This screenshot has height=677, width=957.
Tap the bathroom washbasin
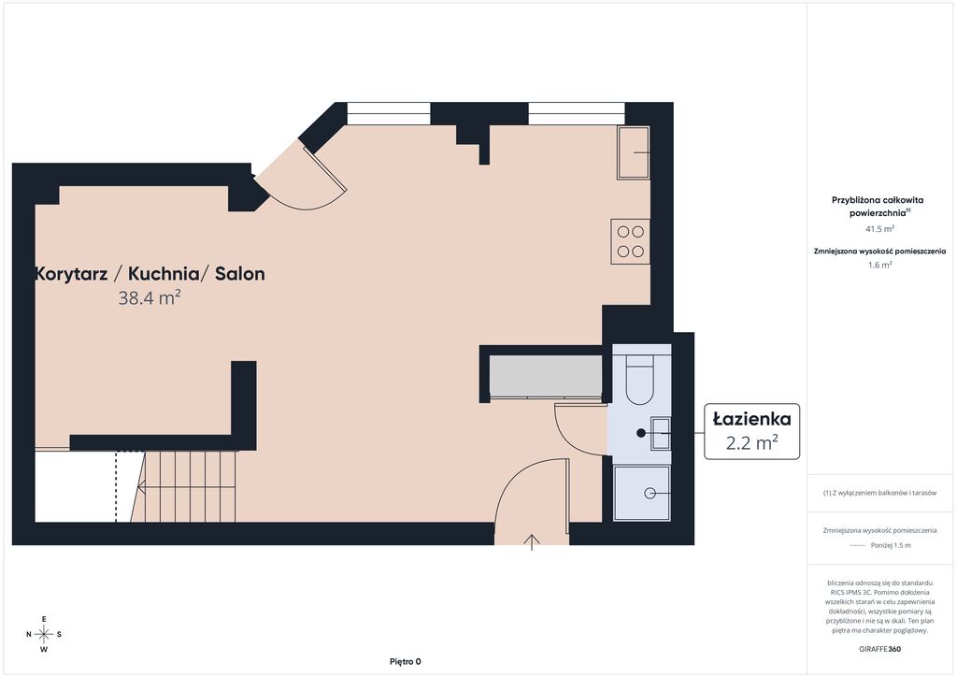coord(661,434)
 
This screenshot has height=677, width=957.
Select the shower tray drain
coord(650,493)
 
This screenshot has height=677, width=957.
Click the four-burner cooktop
coord(630,241)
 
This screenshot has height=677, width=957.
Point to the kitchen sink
coord(633,152)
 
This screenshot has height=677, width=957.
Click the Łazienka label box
coord(752,431)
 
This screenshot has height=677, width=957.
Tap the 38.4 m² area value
coord(150,298)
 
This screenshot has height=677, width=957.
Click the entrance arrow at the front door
coord(532,542)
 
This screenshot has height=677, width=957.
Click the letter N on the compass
coord(29,634)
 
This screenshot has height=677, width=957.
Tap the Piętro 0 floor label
coord(406,661)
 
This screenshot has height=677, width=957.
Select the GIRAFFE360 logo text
coord(879,649)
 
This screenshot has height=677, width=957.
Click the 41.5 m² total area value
coord(879,229)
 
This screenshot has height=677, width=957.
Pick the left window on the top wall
coord(389,113)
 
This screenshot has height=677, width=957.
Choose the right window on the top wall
coord(577,113)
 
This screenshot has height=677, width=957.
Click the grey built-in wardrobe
coord(546,376)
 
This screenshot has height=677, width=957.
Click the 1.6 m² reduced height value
coord(879,265)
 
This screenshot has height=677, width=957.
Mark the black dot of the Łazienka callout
coord(641,433)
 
